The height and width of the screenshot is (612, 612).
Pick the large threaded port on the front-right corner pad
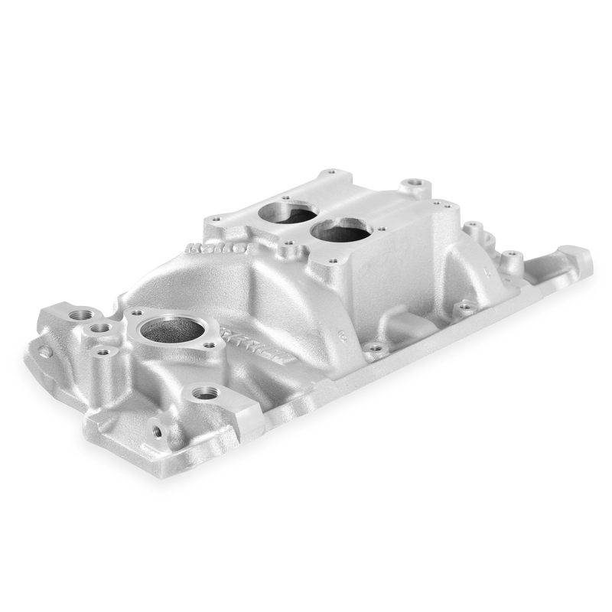(205, 393)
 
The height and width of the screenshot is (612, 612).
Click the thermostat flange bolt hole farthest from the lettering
(138, 313)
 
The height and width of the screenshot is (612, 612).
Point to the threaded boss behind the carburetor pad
(414, 185)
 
